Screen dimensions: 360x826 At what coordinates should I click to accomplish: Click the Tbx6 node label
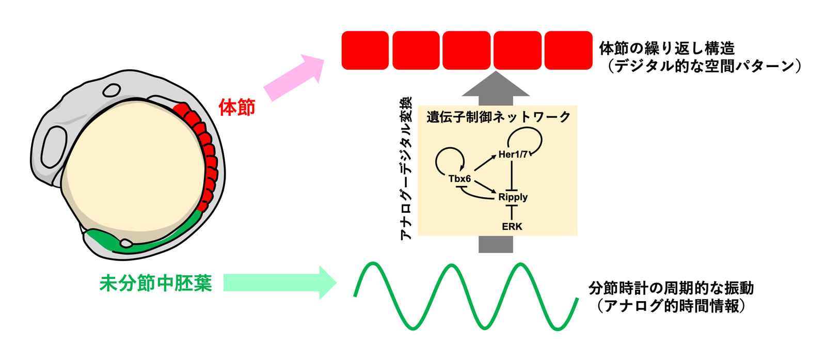coord(459,179)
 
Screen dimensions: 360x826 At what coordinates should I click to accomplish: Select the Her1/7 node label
coord(513,154)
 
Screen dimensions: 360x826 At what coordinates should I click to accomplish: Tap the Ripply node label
coord(513,197)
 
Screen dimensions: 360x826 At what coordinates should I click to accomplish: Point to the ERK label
coord(512,226)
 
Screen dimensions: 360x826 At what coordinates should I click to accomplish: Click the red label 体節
coord(237,107)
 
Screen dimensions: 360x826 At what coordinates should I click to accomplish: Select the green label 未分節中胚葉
coord(155,283)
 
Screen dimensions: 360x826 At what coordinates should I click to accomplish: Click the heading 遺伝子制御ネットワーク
coord(498,117)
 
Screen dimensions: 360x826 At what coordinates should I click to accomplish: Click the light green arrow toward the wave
coord(279,283)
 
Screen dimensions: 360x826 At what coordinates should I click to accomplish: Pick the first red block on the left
coord(365,50)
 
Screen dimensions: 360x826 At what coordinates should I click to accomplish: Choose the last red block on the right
coord(568,50)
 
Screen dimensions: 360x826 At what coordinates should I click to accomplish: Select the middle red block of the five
coord(466,50)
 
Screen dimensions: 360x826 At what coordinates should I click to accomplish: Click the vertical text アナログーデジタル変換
coord(406,168)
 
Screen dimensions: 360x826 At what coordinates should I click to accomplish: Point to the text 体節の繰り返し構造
coord(666,49)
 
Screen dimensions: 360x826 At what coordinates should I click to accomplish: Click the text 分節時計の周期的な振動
coord(671,288)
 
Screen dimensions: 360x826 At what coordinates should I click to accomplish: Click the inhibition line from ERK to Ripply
coord(512,212)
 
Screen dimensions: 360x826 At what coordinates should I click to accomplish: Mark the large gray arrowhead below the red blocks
coord(496,86)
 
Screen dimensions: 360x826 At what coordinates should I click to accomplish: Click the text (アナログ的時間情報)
coord(671,306)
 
